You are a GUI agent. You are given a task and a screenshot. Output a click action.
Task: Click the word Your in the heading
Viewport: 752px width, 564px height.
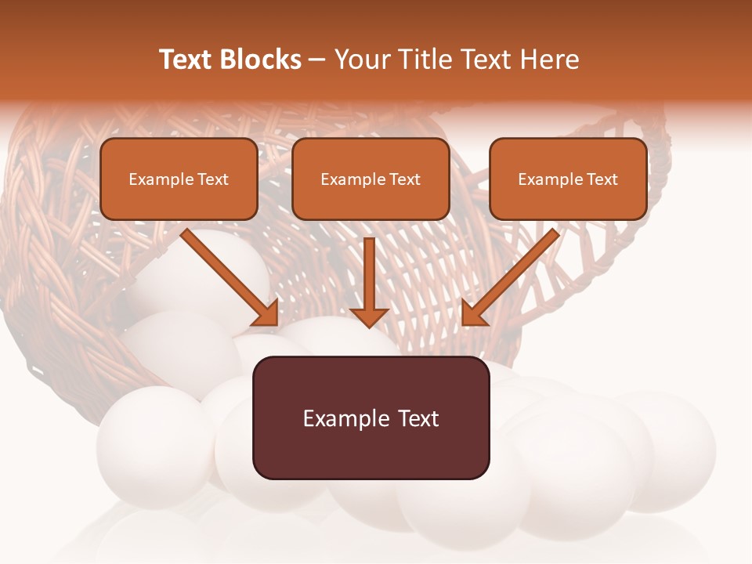point(360,60)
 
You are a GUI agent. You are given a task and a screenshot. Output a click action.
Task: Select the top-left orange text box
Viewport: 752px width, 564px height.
point(179,179)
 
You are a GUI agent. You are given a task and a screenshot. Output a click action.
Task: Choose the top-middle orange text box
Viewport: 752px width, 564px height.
point(371,179)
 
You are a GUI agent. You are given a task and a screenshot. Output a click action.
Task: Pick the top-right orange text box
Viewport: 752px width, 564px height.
point(568,179)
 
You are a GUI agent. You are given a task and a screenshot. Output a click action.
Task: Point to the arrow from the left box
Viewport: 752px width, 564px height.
point(227,274)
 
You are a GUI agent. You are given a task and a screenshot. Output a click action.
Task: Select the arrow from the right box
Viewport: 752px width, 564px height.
point(513,274)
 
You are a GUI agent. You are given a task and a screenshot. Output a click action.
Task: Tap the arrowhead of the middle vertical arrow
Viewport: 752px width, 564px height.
point(369,316)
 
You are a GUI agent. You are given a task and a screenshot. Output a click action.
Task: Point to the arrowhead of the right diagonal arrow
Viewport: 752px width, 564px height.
point(474,313)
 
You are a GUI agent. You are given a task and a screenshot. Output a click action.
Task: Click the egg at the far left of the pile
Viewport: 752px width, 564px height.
point(153,443)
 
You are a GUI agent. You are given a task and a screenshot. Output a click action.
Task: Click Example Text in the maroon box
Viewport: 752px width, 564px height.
point(371,418)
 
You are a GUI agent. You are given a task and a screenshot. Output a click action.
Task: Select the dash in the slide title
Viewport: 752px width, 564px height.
point(317,60)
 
